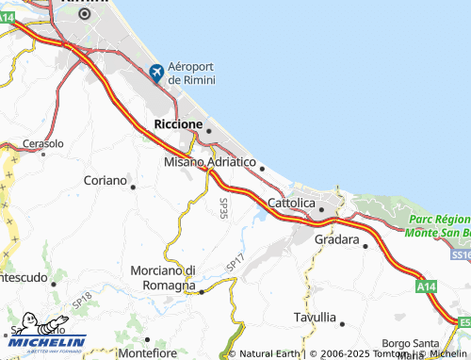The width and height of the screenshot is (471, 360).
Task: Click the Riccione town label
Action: [x=177, y=123]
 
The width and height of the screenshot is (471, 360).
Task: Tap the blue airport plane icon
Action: [x=156, y=71]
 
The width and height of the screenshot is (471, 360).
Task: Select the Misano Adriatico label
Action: [x=209, y=162]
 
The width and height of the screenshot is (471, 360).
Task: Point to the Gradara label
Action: [x=336, y=240]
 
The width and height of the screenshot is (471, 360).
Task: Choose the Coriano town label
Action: [x=104, y=180]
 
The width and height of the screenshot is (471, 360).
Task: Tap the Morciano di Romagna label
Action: [x=162, y=277]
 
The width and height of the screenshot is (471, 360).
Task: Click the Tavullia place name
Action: [x=314, y=317]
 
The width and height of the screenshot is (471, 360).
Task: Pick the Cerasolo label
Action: [x=42, y=144]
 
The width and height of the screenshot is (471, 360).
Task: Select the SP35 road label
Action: [x=224, y=208]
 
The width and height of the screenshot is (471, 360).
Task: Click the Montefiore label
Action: [x=148, y=352]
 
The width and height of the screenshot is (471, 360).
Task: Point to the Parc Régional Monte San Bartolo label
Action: [x=439, y=225]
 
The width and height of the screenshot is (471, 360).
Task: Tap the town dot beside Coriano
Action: [x=133, y=187]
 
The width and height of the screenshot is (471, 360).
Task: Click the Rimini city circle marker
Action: [x=85, y=14]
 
